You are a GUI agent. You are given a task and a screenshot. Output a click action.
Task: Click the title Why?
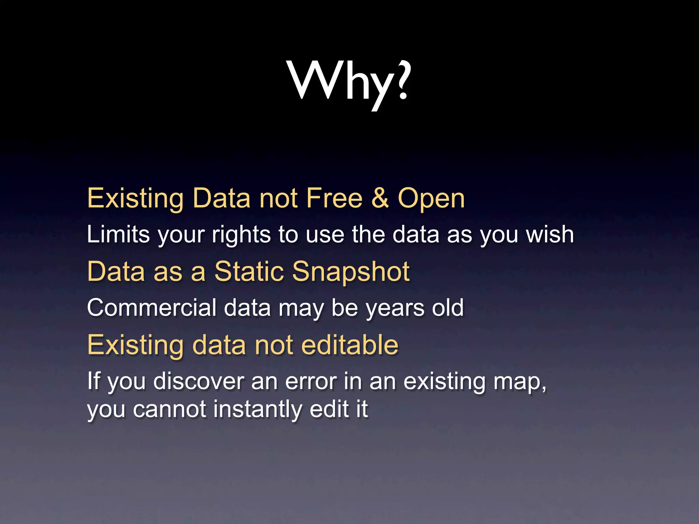tap(349, 82)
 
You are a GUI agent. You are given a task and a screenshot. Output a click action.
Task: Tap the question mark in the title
tap(402, 80)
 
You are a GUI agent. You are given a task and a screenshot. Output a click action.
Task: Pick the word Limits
tap(118, 234)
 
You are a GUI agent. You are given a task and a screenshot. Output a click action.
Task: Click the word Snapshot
tap(351, 272)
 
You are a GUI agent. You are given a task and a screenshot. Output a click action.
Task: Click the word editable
tap(350, 345)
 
